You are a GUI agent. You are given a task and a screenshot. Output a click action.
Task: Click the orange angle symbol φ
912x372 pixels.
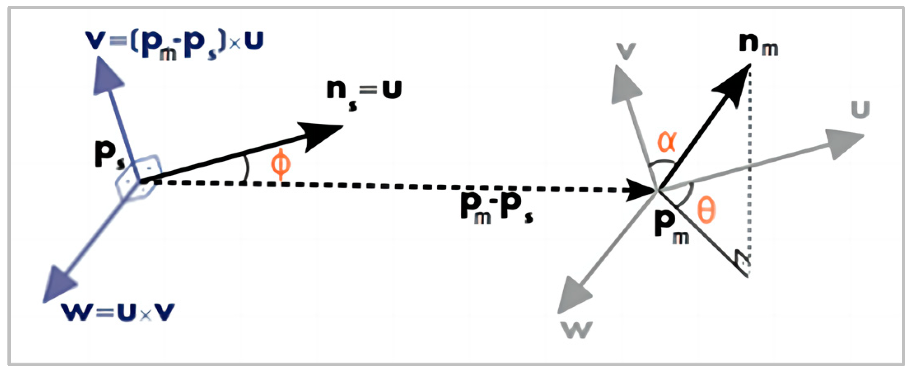pos(281,165)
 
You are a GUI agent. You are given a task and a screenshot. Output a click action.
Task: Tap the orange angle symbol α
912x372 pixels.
pos(667,141)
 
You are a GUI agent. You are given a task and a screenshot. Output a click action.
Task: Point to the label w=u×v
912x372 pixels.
pos(118,312)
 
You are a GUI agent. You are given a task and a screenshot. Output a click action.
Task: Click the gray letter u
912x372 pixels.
pos(860,110)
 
